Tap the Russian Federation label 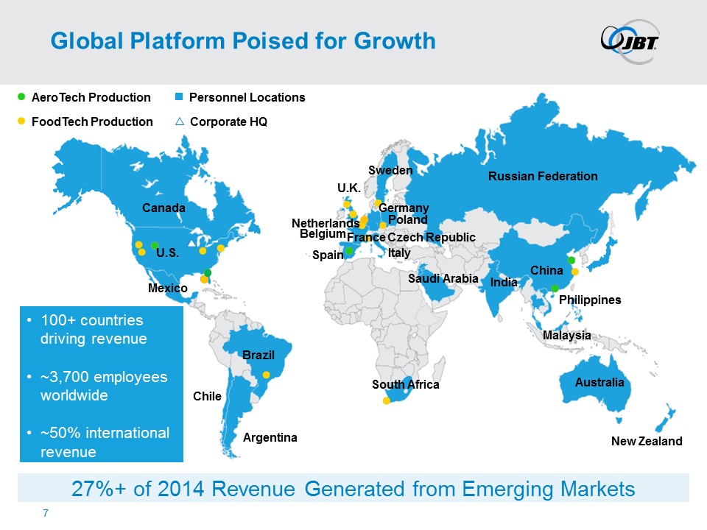543,176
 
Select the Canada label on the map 163,208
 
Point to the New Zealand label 647,442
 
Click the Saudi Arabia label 443,279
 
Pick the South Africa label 405,385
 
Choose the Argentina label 270,438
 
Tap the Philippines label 590,300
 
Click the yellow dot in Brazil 267,375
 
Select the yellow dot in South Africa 386,401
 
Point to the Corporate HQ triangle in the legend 180,121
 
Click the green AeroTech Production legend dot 21,96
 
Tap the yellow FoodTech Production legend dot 21,121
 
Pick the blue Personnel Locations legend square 179,97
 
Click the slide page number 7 46,512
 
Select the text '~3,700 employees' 105,376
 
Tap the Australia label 599,383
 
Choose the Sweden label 390,170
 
